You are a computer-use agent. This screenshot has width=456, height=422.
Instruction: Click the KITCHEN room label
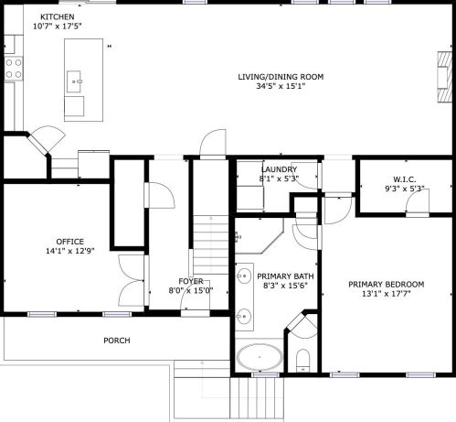[x=58, y=16]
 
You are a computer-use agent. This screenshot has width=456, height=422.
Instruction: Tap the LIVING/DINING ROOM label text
[x=281, y=77]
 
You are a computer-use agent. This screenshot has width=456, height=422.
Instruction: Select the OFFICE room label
[x=70, y=242]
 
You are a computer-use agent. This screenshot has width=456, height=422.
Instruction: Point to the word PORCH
[x=117, y=341]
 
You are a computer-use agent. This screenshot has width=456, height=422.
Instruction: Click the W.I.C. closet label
[x=405, y=179]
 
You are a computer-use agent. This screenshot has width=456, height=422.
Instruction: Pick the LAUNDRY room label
[x=279, y=169]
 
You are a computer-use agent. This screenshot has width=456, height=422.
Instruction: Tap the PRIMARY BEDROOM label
[x=387, y=285]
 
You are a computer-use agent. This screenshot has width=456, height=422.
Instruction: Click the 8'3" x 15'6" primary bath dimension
[x=285, y=286]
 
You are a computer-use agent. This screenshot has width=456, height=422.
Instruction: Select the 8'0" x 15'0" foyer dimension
[x=191, y=290]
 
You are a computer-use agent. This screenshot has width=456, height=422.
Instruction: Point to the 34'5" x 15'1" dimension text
[x=281, y=86]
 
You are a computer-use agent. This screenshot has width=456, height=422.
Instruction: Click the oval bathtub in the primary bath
[x=260, y=357]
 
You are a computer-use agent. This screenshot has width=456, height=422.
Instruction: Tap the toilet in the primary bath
[x=302, y=361]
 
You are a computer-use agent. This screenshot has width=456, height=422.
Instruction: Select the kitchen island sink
[x=74, y=81]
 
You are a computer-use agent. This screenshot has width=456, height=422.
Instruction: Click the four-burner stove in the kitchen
[x=14, y=69]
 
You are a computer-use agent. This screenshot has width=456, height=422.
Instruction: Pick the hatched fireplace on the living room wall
[x=445, y=77]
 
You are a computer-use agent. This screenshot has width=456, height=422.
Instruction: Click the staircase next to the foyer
[x=211, y=244]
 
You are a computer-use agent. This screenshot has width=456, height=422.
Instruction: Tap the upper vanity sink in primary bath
[x=244, y=276]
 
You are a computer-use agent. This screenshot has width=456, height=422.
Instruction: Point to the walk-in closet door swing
[x=418, y=200]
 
